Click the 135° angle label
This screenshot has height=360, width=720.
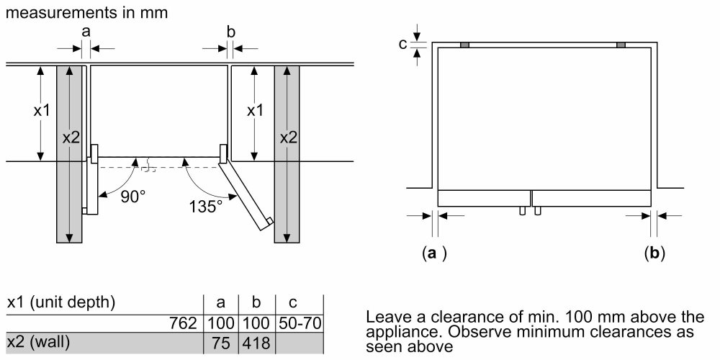point(207,207)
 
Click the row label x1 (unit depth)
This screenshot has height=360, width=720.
point(60,302)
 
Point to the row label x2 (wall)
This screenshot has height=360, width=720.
point(39,343)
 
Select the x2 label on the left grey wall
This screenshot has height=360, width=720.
point(70,137)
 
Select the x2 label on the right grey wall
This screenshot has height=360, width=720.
point(287,137)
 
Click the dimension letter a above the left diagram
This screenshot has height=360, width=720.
point(86,31)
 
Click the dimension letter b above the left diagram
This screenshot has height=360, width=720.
point(230,31)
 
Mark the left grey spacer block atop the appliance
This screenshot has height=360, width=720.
point(465,45)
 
